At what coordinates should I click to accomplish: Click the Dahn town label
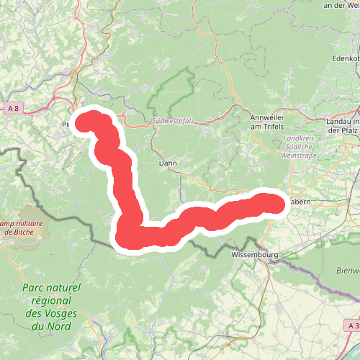[x=167, y=163]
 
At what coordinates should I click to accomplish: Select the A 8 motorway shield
[x=12, y=108]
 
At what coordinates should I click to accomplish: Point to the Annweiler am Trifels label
[x=267, y=122]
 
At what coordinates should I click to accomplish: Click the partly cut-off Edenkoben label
[x=345, y=58]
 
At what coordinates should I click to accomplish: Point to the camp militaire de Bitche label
[x=21, y=227]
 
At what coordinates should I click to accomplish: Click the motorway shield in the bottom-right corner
[x=351, y=326]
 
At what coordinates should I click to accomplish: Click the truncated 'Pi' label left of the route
[x=66, y=125]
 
